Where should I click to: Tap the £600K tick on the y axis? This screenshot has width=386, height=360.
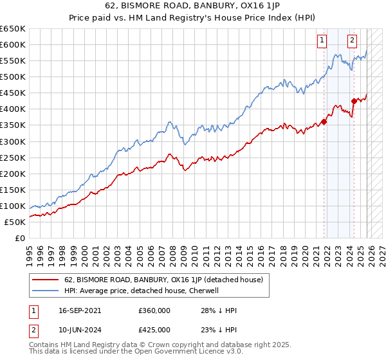[x=13, y=45]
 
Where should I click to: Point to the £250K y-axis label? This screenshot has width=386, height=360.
[x=13, y=157]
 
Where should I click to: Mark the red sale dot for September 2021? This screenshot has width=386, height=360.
[x=324, y=122]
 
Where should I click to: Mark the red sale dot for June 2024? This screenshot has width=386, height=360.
[x=354, y=100]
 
